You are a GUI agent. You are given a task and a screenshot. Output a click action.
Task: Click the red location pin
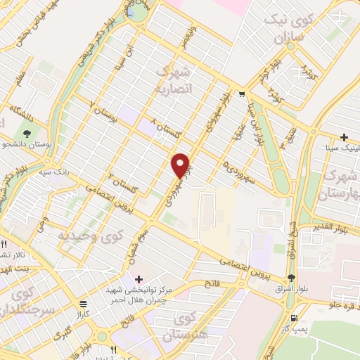181,165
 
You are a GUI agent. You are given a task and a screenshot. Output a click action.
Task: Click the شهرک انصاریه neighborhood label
172,80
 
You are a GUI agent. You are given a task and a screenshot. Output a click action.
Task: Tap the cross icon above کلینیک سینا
344,137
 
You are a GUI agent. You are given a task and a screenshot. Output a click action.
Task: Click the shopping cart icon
242,94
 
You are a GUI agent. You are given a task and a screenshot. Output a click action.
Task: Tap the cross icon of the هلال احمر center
139,279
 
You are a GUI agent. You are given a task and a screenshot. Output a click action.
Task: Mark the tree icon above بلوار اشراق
290,276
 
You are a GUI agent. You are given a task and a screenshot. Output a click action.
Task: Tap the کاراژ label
84,313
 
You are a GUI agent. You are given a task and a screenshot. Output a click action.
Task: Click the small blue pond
130,12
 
